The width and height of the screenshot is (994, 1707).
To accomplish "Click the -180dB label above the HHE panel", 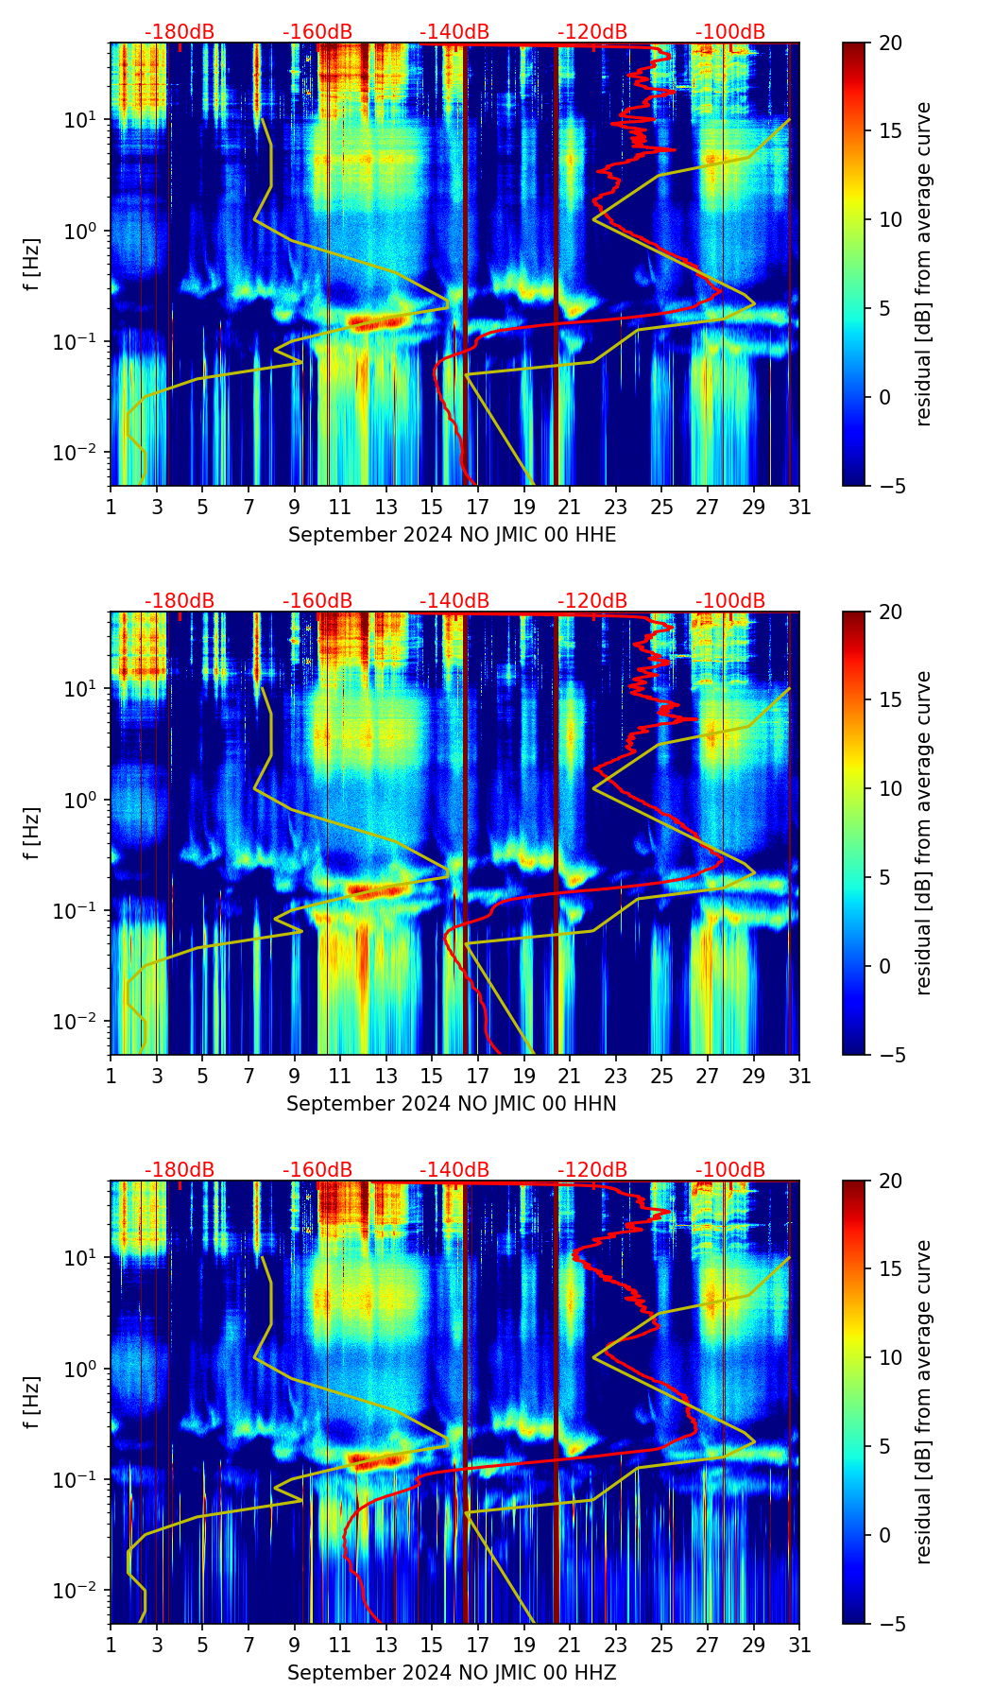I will click(x=180, y=32).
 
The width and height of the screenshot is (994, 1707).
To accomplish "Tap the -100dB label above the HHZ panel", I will click(x=730, y=1170).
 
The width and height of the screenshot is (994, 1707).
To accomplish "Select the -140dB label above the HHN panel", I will click(x=454, y=601).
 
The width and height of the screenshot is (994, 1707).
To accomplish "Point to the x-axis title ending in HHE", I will click(x=452, y=535).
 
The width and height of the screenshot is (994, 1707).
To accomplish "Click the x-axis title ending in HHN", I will click(x=452, y=1104).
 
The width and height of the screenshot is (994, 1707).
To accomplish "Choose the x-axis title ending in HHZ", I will click(x=452, y=1673).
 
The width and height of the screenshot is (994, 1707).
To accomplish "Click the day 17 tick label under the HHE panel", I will click(x=477, y=508).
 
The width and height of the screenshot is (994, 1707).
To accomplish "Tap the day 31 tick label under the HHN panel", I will click(x=798, y=1077).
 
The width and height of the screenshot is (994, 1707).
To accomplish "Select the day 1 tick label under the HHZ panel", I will click(x=111, y=1646).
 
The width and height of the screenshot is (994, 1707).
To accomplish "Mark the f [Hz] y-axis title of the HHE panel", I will click(x=33, y=265).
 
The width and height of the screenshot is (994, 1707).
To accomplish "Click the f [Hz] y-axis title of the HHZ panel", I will click(x=33, y=1403).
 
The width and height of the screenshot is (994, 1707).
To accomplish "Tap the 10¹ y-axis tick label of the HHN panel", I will click(x=83, y=689).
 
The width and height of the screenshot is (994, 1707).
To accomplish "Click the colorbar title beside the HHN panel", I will click(x=924, y=833).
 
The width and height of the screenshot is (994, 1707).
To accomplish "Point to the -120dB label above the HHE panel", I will click(x=592, y=32).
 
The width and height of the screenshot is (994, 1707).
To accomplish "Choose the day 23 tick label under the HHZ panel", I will click(x=615, y=1646).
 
